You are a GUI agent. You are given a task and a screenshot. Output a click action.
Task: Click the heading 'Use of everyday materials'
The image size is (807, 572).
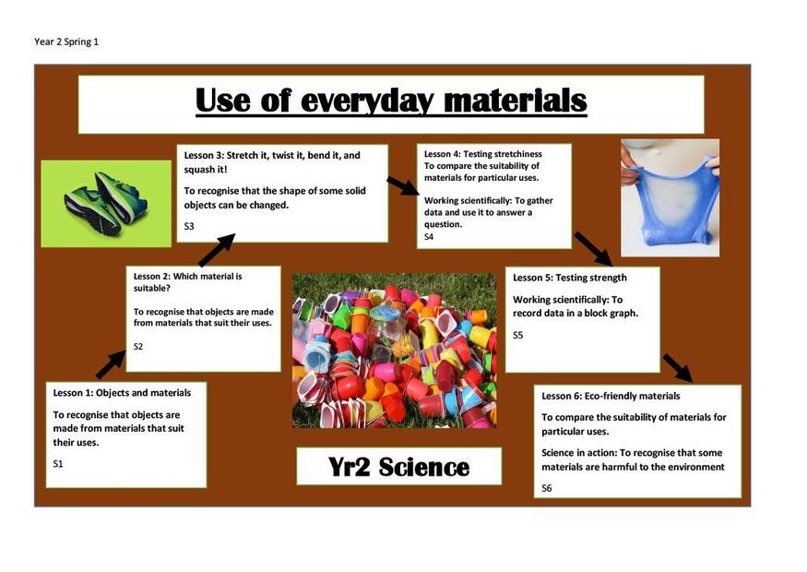[x=391, y=101]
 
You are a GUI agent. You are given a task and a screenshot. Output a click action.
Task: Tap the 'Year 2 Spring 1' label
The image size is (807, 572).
[x=66, y=42]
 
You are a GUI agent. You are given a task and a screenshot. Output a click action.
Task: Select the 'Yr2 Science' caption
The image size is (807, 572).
[x=398, y=467]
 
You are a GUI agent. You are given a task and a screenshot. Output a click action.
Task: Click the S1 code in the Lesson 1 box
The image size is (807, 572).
[x=58, y=464]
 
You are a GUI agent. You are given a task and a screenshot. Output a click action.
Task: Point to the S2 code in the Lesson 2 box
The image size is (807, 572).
[x=138, y=347]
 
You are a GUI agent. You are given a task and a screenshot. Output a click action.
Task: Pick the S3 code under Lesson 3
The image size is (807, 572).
[x=189, y=226]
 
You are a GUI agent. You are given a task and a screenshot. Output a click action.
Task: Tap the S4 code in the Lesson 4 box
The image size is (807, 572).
[x=429, y=237]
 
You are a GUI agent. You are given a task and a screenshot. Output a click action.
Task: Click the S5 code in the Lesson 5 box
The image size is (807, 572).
[x=517, y=335]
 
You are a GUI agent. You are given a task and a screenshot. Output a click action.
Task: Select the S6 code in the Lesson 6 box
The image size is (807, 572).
[x=547, y=488]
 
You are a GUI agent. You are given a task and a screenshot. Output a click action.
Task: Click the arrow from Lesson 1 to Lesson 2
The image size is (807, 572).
[x=112, y=364]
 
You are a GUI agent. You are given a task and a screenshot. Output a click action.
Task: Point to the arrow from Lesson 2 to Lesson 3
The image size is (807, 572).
[x=217, y=250]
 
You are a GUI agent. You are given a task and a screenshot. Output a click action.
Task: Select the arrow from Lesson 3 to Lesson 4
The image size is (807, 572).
[x=404, y=186]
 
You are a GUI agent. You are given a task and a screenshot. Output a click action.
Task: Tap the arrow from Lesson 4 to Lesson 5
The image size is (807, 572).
[x=593, y=249]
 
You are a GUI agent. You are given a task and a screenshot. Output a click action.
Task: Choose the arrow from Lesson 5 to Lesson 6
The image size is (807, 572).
[x=678, y=368]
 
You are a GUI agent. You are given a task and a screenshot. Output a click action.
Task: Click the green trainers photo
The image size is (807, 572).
[x=106, y=204]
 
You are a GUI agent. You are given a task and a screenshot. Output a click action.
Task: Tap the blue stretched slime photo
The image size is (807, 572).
[x=671, y=197]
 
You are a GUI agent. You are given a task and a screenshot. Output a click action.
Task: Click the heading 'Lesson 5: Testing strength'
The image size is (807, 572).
[x=570, y=278]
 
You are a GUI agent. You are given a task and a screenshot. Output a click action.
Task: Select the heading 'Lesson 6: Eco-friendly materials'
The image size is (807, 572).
[x=611, y=396]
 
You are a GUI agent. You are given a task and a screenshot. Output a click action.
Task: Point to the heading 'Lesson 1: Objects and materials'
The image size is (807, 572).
[x=122, y=393]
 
